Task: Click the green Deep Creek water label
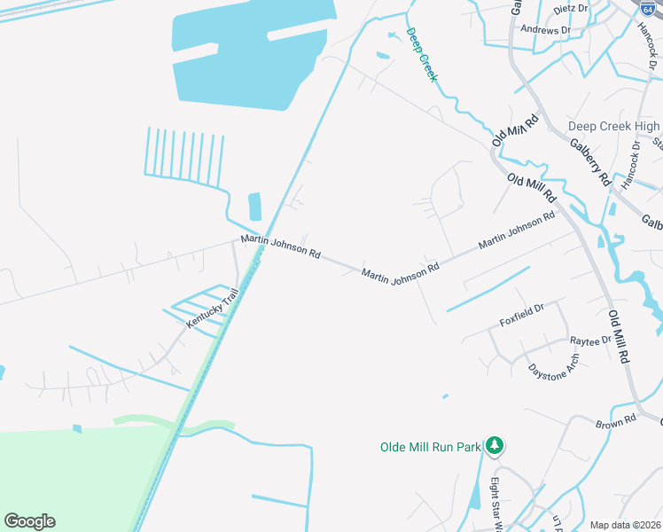point(422,55)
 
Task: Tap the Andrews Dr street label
point(546,30)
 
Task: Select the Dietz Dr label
point(570,9)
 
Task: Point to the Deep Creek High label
point(614,127)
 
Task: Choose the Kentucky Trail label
point(213,309)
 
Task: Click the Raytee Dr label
point(590,340)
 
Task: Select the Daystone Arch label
point(553,366)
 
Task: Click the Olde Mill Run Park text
point(430,447)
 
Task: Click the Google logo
point(29,521)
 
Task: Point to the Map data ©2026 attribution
point(626,525)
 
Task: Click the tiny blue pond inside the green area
point(77,429)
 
